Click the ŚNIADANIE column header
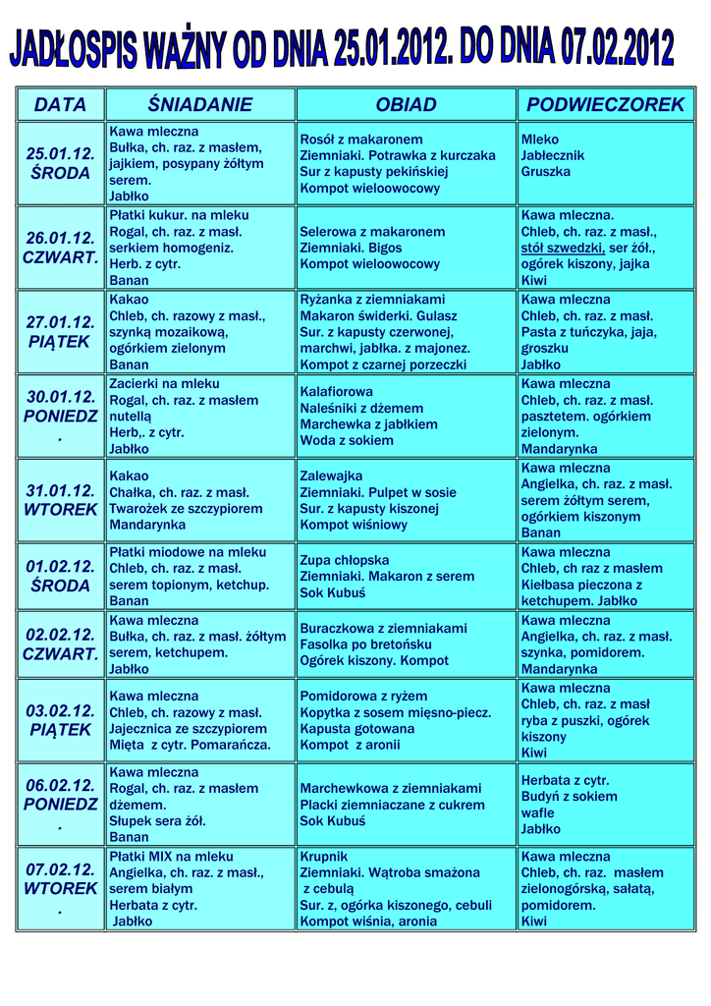[200, 104]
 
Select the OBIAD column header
[406, 104]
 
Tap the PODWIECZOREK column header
[605, 104]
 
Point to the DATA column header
[60, 104]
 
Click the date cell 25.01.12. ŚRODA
[60, 163]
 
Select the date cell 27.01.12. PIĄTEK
[60, 331]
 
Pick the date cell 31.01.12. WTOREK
[60, 500]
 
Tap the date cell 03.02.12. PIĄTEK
[60, 720]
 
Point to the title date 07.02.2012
[617, 47]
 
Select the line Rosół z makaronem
[361, 140]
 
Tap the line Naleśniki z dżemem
[361, 408]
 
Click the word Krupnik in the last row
[324, 857]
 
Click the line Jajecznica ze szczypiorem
[188, 729]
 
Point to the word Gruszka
[545, 172]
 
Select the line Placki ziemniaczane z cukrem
[393, 805]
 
